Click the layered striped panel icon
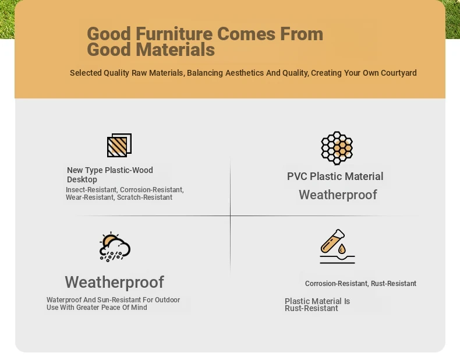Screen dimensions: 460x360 [119, 145]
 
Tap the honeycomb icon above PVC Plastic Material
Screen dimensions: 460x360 [337, 148]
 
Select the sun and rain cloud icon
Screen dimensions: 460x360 [115, 246]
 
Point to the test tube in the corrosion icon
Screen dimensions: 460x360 [332, 241]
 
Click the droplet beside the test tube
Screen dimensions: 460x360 [342, 249]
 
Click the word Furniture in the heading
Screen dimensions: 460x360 [175, 34]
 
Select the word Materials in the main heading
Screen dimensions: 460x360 [175, 50]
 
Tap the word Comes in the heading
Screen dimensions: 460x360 [246, 34]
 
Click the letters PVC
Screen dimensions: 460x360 [297, 177]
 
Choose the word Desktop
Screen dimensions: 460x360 [82, 179]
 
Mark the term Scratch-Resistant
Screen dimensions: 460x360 [144, 197]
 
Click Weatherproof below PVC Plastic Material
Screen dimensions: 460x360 [338, 195]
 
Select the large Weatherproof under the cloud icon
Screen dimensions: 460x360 [114, 282]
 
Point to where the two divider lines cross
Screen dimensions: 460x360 [231, 216]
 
